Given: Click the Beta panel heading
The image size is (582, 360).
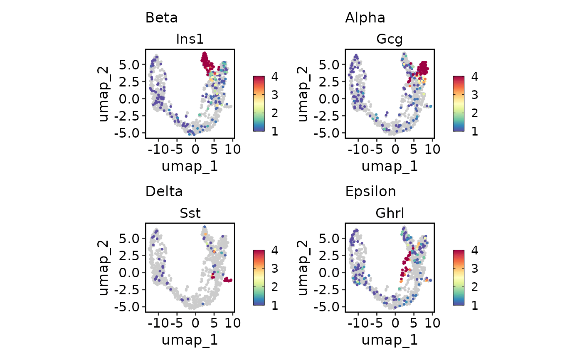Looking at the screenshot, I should point(161,18).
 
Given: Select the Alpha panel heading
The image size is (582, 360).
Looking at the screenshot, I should point(365,18).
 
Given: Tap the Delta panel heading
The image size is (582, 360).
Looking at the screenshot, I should point(164,192).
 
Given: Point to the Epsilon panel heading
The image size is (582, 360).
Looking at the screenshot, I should point(370,192).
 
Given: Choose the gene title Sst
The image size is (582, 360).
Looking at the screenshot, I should point(190,213).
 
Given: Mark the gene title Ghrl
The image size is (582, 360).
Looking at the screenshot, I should point(390,213).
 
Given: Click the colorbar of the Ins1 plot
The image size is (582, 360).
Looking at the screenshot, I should point(259,104).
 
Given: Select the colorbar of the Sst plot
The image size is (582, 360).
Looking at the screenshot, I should point(259,277).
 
